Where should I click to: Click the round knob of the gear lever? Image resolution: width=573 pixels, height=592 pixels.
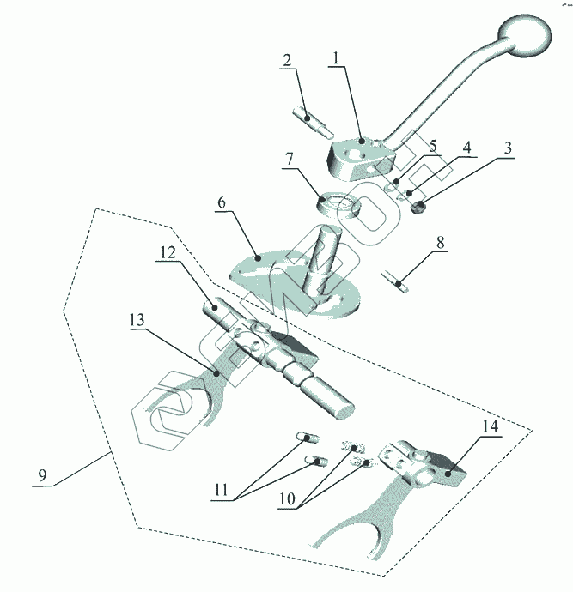tap(525, 36)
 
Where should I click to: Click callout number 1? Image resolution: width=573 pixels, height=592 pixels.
tap(335, 58)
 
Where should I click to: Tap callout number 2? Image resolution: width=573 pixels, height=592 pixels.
tap(287, 60)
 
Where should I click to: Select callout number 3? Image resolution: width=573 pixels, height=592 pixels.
tap(508, 148)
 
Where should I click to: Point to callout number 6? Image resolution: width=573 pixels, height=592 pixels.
tap(222, 202)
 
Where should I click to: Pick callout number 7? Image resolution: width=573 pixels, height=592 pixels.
tap(290, 159)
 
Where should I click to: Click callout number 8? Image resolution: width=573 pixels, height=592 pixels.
tap(441, 243)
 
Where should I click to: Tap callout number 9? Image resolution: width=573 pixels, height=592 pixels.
tap(42, 475)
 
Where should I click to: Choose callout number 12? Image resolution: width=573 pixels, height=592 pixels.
tap(168, 252)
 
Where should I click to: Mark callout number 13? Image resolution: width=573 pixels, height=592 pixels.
tap(137, 320)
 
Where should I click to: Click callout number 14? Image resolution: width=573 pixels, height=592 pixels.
tap(491, 426)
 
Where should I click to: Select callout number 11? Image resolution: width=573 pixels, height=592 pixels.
tap(221, 490)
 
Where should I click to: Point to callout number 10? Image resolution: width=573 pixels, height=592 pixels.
tap(287, 499)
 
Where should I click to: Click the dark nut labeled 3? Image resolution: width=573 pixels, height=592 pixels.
tap(418, 208)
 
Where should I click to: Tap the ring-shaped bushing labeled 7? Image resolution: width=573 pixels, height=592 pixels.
tap(338, 207)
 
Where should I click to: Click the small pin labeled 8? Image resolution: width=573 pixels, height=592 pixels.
tap(395, 282)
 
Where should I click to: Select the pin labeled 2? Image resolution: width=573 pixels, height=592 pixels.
tap(313, 122)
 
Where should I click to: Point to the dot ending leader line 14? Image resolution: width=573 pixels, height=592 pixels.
tap(448, 474)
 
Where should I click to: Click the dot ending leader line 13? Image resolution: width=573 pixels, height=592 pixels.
tap(216, 373)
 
